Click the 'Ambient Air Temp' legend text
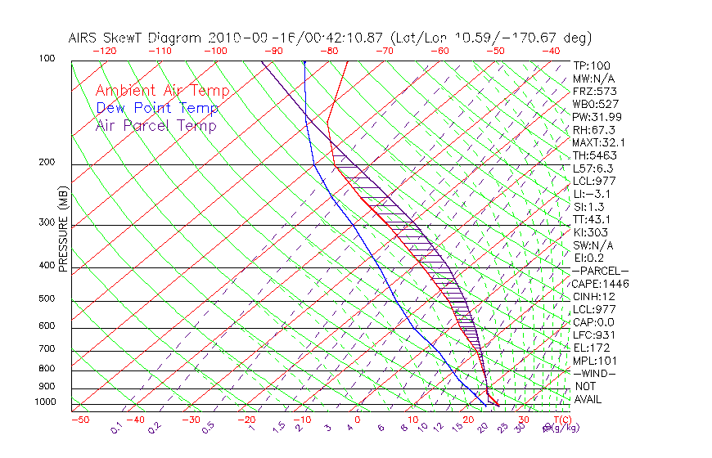(162, 91)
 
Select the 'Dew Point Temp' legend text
(157, 108)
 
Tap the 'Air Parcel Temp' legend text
(155, 125)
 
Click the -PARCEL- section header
(601, 271)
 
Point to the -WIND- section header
(595, 373)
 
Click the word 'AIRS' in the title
(85, 38)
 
